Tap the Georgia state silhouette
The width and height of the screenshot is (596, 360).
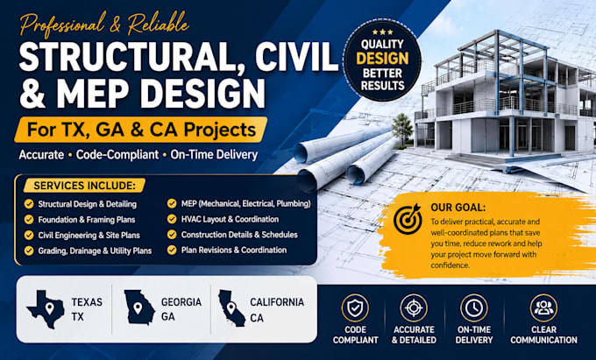click(138, 307)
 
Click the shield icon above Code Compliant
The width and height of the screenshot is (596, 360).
click(355, 308)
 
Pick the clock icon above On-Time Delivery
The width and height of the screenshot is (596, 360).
click(473, 308)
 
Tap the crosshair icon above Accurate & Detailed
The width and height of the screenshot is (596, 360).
click(414, 308)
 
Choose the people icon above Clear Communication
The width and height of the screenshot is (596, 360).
click(543, 308)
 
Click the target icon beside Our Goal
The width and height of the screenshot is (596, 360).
click(408, 219)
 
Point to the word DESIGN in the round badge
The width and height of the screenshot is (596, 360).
click(382, 59)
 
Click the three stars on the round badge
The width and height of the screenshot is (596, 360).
click(382, 32)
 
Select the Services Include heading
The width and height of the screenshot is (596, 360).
click(84, 186)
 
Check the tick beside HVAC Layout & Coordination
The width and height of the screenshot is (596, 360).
click(172, 219)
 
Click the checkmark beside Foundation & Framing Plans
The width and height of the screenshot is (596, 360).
click(29, 220)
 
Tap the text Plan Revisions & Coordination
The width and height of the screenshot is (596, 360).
click(234, 251)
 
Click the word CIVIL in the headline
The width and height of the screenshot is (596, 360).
click(296, 56)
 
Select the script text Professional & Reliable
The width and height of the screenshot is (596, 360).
click(104, 25)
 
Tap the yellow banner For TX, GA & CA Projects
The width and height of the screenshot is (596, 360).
click(140, 130)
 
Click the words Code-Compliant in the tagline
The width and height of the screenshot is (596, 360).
click(117, 155)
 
